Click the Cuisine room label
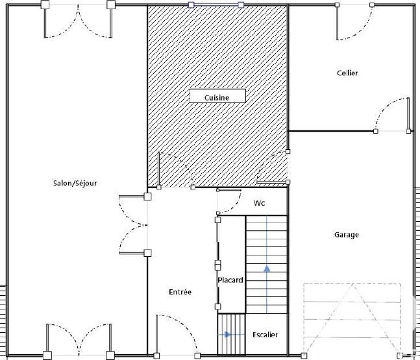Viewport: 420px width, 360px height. pos(217,98)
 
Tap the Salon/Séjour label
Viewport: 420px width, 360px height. pos(75,183)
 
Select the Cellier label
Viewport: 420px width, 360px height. pos(347,73)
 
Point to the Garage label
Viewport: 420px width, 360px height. pos(347,235)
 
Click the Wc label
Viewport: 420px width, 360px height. pos(259,203)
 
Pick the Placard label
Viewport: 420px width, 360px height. pos(230,280)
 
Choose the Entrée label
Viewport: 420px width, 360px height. pos(180,292)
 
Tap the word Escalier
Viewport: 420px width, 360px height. pos(265,335)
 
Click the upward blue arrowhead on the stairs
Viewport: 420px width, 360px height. pos(267,269)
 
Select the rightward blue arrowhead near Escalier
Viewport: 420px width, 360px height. pos(228,335)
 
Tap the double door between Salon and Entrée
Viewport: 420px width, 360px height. pos(133,225)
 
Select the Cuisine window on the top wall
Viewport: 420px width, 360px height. pos(216,5)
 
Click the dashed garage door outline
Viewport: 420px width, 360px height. pos(352,318)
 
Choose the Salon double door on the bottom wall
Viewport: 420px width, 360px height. pos(79,340)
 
